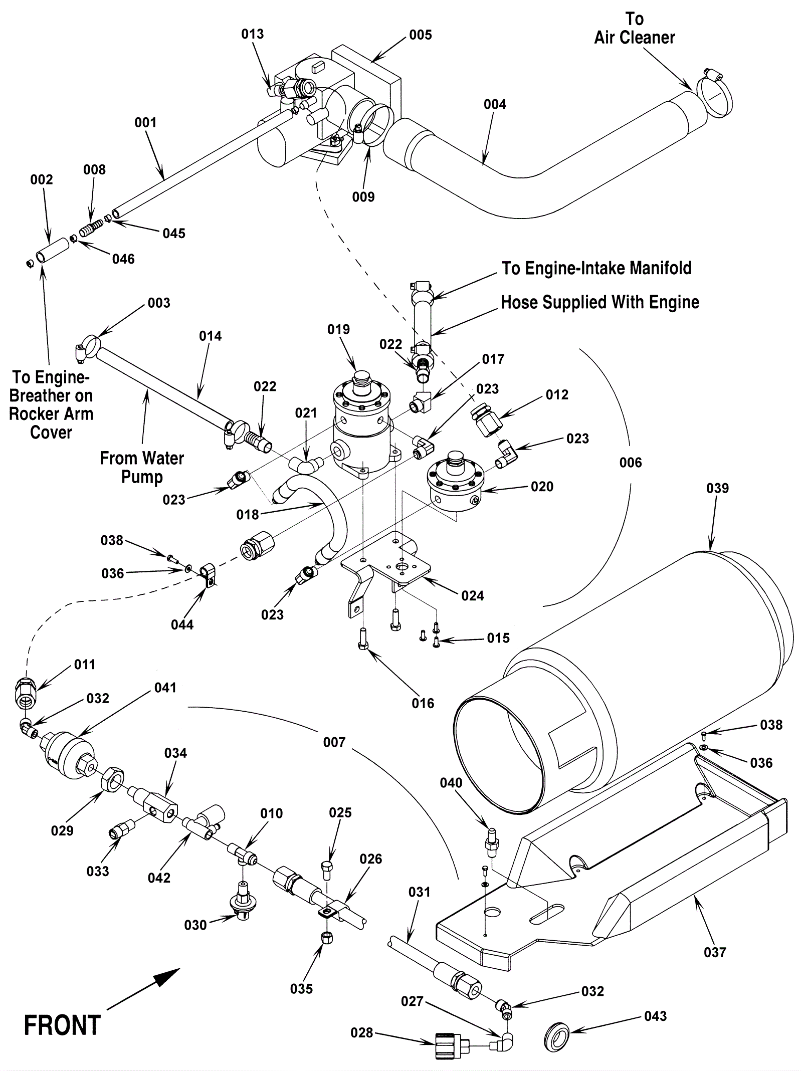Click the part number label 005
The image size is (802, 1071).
420,35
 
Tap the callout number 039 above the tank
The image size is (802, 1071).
717,488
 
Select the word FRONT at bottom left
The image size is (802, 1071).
62,1025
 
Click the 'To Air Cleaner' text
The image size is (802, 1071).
635,29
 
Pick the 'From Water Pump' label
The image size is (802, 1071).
142,467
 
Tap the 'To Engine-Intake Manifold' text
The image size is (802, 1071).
596,268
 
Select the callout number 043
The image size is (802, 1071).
655,1016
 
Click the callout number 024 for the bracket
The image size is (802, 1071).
472,595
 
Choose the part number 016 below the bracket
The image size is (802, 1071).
423,703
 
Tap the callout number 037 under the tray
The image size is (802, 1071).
715,952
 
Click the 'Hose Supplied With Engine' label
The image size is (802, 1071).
600,302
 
